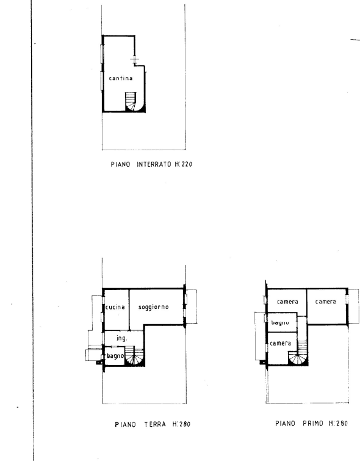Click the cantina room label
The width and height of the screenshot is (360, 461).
click(x=120, y=78)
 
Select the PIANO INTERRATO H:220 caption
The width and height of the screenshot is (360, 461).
click(x=151, y=164)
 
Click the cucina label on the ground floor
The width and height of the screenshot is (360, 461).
click(x=115, y=307)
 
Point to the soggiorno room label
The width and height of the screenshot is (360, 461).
click(x=153, y=307)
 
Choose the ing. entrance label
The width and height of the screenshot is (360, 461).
click(x=122, y=338)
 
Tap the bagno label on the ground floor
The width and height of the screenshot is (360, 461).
click(x=115, y=356)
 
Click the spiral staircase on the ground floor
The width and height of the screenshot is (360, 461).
click(x=134, y=355)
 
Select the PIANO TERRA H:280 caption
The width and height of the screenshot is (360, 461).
click(x=153, y=424)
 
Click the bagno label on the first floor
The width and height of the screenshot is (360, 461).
click(x=280, y=322)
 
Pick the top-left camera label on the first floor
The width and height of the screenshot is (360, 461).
click(x=287, y=302)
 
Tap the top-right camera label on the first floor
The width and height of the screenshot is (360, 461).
click(x=325, y=302)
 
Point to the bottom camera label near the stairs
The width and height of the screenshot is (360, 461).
click(x=280, y=343)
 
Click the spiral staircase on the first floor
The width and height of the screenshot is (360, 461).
click(x=297, y=354)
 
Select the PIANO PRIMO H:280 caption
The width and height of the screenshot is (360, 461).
click(x=312, y=423)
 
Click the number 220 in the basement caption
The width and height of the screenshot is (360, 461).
click(x=187, y=164)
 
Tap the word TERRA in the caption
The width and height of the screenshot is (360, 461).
click(x=155, y=424)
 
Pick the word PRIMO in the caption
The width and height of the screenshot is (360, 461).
click(x=313, y=423)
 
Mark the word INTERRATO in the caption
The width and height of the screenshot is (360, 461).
click(x=154, y=164)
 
